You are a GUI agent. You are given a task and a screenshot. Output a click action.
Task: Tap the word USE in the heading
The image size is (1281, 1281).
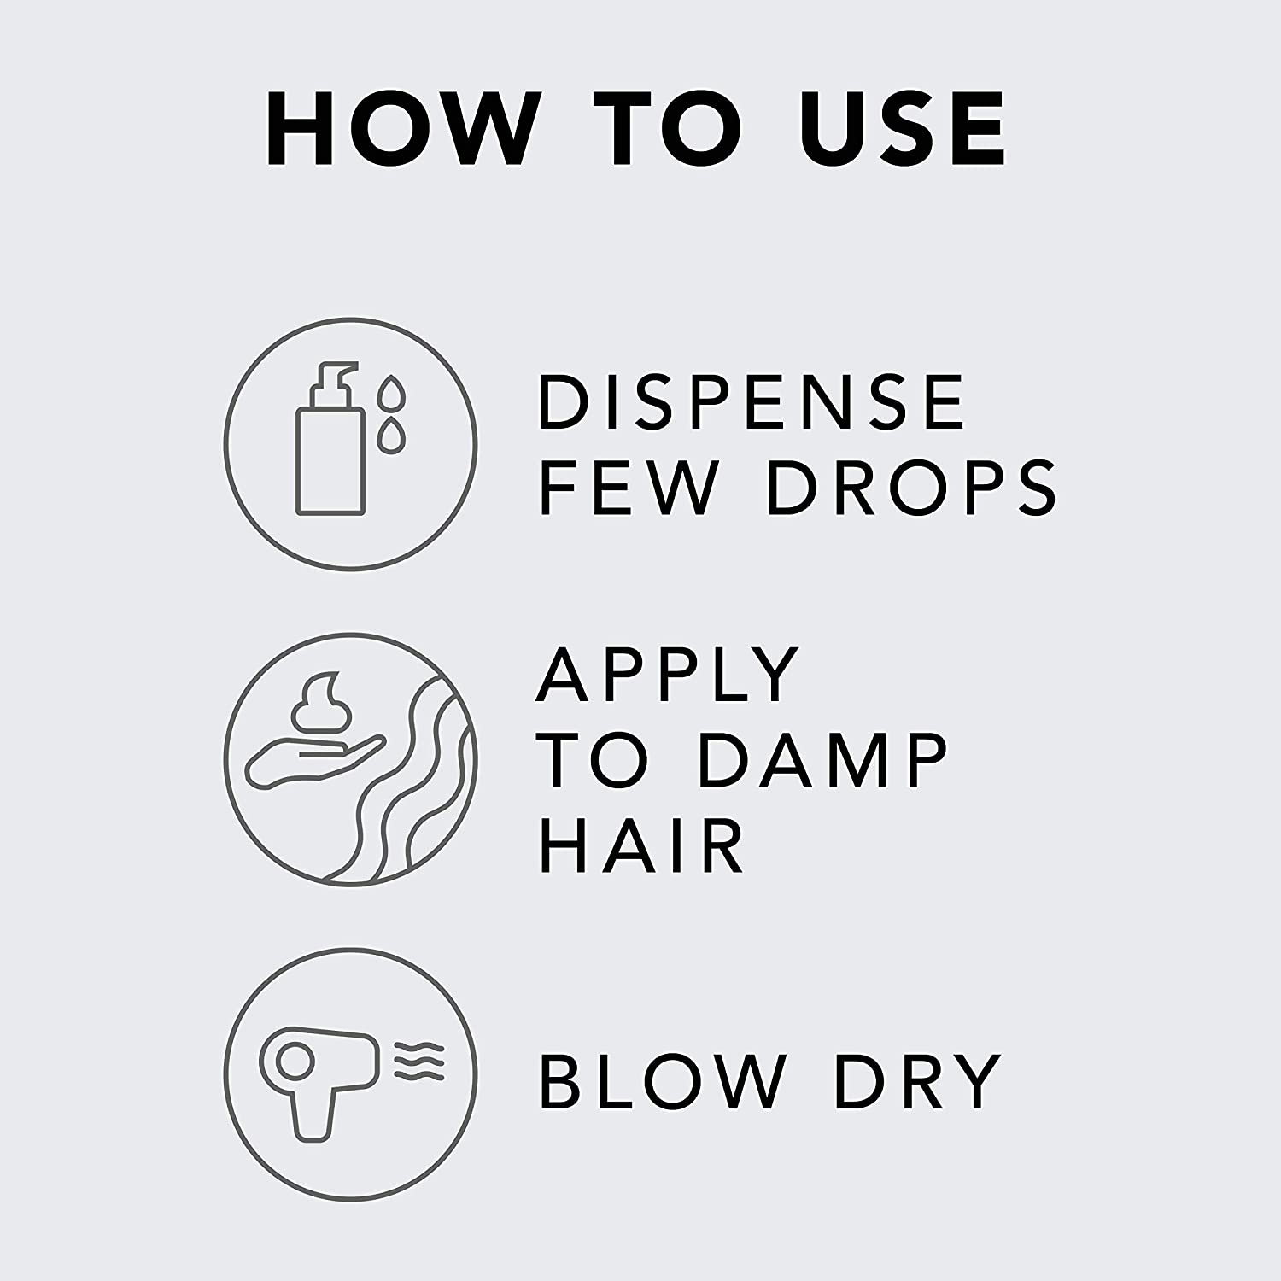[904, 128]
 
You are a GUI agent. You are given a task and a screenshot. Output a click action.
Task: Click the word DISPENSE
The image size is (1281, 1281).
[752, 402]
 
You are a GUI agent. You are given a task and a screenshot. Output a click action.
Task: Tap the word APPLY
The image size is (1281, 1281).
[668, 675]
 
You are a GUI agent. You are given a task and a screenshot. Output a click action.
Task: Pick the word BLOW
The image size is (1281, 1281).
[663, 1081]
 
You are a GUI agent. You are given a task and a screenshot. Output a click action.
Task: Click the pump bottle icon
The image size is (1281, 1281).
[329, 440]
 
